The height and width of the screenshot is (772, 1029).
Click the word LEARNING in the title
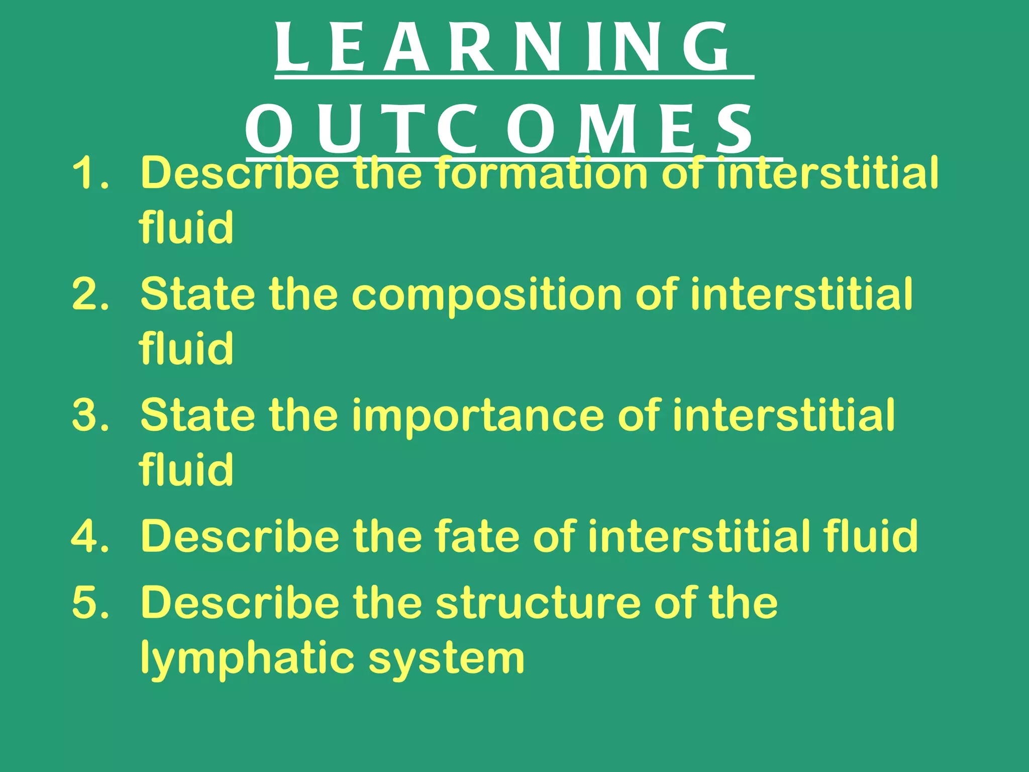coord(502,48)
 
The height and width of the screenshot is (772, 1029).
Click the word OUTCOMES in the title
coord(500,130)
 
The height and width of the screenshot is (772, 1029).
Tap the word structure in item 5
coord(538,603)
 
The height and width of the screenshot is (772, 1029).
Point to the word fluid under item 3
coord(186,469)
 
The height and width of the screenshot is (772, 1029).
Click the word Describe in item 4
coord(240,536)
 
